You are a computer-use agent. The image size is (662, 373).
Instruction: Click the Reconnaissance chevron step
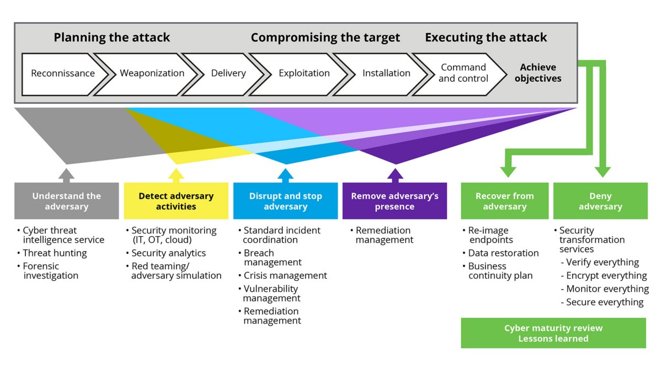(62, 73)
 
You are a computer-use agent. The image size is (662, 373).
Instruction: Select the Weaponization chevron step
(152, 73)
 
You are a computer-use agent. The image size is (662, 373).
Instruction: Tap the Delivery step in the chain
(228, 73)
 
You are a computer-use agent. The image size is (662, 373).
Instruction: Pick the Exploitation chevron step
(304, 73)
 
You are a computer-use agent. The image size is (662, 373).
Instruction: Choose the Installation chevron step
(386, 73)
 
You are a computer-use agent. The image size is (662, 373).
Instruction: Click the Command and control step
(463, 73)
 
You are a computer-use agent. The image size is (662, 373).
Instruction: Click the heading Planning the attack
(112, 38)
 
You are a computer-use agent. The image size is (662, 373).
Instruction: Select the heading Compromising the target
(325, 38)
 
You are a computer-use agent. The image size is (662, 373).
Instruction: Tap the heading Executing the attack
(486, 38)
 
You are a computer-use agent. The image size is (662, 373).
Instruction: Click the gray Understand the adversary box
(67, 201)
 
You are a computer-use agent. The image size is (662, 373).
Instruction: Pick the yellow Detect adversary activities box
(175, 201)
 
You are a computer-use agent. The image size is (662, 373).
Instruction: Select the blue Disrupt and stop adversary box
(285, 201)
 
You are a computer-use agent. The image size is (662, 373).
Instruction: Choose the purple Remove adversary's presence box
(394, 201)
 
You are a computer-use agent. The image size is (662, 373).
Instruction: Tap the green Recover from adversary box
(505, 201)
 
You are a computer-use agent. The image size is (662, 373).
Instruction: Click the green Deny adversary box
(600, 201)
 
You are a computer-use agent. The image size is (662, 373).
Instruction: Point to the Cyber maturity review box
(553, 333)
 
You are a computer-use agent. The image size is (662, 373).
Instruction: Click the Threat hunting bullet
(55, 253)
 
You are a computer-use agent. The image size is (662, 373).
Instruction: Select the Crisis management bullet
(285, 275)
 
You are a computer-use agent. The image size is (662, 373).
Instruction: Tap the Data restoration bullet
(503, 253)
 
